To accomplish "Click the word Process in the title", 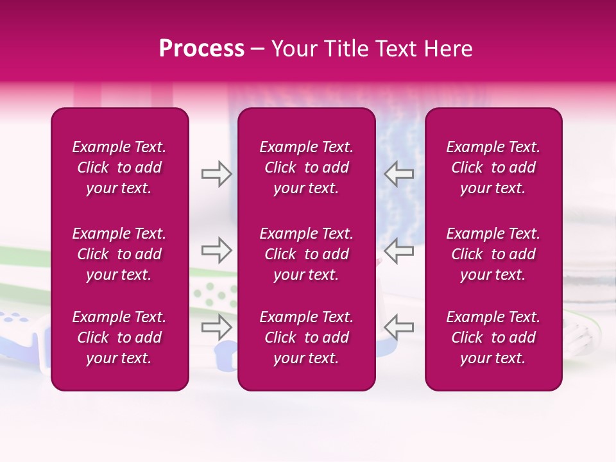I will coord(201,49).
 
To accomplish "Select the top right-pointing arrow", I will coord(216,174).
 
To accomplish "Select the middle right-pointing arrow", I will coord(216,250).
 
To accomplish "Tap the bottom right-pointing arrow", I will coord(216,327).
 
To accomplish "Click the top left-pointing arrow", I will coord(399,174).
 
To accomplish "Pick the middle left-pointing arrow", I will coord(399,250).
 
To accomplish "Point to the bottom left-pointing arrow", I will coord(399,327).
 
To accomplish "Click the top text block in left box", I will coord(119,167).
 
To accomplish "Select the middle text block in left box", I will coord(119,254).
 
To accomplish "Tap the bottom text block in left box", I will coord(119,338).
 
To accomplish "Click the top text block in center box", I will coord(307,167).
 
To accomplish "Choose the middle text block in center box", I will coord(307,254).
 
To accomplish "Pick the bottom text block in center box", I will coord(307,338).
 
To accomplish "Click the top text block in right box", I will coord(493,167).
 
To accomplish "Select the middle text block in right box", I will coord(493,254).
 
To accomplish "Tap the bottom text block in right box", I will coord(493,338).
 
